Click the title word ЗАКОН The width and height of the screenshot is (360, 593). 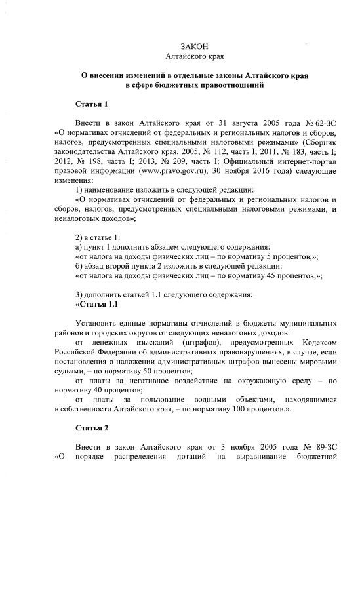[194, 46]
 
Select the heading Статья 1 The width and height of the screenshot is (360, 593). [91, 104]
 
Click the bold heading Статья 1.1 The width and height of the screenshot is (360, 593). [96, 303]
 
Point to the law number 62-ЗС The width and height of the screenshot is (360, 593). [323, 123]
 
